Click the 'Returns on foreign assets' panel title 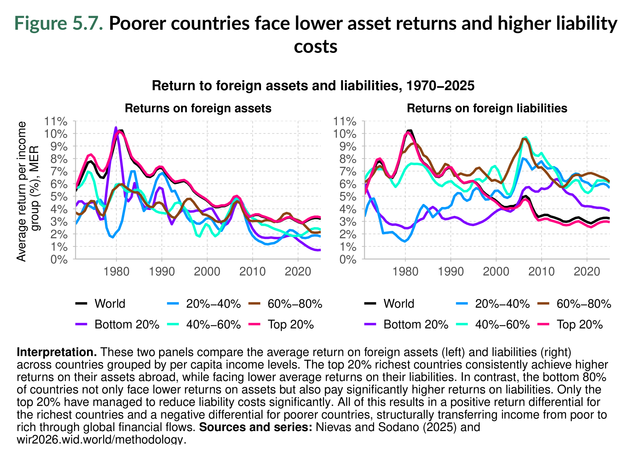coord(198,108)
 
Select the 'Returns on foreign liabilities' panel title coord(487,108)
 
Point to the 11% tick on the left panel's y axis coord(56,122)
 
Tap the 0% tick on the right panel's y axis coord(348,260)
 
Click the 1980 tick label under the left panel coord(116,271)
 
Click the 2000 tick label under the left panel coord(207,271)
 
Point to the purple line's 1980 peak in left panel coord(116,128)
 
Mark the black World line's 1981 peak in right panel coord(410,131)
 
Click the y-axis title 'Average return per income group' coord(28,191)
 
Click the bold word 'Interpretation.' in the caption coord(57,352)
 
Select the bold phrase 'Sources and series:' coord(255,427)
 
